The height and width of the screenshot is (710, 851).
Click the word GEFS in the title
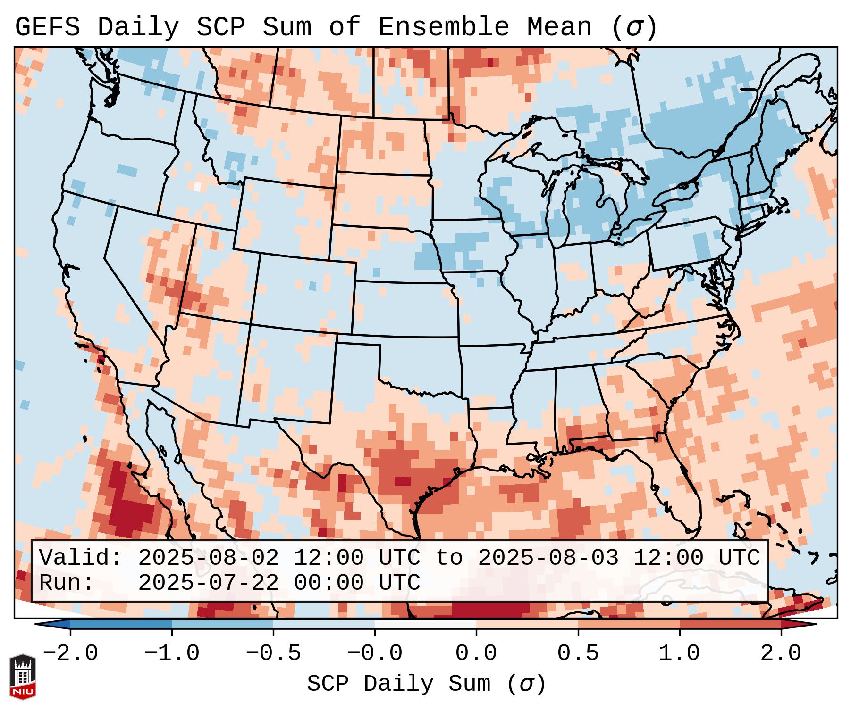[47, 27]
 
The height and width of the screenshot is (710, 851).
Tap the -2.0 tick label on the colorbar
[70, 653]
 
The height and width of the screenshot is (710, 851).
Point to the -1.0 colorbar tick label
[172, 653]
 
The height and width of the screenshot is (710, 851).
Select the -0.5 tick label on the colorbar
[273, 653]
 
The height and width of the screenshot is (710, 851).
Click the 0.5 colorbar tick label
[578, 653]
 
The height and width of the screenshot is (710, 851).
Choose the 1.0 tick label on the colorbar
[679, 653]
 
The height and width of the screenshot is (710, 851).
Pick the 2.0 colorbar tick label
[781, 653]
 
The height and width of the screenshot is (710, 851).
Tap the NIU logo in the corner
[23, 676]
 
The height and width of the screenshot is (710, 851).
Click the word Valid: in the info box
[80, 558]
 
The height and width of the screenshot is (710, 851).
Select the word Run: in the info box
[66, 583]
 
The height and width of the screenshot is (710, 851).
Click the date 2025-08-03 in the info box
[548, 558]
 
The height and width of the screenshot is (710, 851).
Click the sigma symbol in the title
[634, 27]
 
